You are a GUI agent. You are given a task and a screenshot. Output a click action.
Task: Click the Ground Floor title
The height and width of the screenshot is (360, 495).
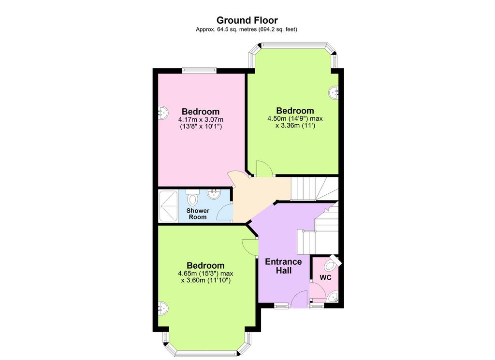247,20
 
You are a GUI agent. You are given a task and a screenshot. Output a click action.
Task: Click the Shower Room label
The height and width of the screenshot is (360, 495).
198,214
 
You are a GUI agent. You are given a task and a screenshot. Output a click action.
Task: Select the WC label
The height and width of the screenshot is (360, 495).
325,278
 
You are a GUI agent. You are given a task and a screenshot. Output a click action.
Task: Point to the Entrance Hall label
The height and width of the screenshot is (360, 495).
283,266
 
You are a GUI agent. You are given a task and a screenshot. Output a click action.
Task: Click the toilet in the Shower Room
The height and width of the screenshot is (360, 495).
192,198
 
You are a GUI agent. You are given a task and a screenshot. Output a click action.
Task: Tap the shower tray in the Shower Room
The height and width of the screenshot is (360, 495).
168,205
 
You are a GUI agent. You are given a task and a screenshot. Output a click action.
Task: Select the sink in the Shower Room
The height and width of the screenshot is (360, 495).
214,194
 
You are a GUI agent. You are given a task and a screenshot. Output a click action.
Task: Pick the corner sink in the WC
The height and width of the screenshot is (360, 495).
333,298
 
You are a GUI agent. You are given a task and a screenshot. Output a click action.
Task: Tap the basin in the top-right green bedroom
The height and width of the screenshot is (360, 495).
334,93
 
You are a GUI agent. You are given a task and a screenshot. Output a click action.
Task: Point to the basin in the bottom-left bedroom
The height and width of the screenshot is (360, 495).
163,308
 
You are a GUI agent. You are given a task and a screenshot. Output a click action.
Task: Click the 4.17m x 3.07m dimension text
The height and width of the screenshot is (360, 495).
201,120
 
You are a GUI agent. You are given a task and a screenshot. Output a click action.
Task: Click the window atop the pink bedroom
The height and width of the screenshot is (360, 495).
199,71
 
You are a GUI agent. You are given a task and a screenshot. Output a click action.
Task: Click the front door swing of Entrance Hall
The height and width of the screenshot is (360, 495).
299,300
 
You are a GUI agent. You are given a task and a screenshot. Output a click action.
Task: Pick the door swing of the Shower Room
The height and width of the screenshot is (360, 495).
225,213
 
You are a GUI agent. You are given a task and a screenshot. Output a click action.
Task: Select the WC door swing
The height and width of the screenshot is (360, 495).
318,290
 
